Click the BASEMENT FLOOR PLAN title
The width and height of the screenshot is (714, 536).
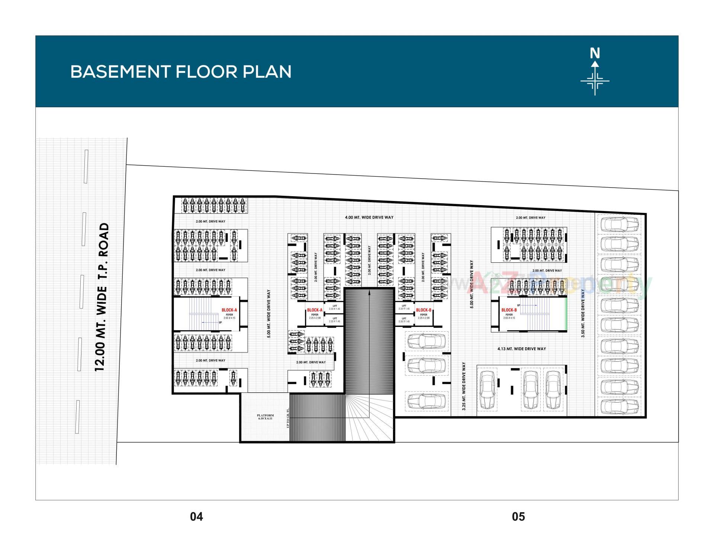[x=181, y=71]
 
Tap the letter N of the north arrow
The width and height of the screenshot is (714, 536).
[x=595, y=54]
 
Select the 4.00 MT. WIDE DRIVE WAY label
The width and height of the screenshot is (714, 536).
[x=369, y=217]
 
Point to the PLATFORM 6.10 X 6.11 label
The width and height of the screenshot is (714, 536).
[x=265, y=417]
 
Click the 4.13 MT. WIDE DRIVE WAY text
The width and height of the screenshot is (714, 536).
[x=521, y=349]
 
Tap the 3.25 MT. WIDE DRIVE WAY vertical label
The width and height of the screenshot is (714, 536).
[x=464, y=386]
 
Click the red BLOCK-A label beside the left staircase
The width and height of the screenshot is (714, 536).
[x=229, y=310]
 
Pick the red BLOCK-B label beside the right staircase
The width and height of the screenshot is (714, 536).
[x=509, y=310]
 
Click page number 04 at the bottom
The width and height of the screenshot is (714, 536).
[x=196, y=517]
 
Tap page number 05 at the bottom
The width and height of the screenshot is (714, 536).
[x=518, y=517]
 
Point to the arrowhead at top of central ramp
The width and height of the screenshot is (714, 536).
[x=369, y=293]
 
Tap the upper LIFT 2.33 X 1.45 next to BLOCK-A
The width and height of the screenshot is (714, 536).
[x=334, y=307]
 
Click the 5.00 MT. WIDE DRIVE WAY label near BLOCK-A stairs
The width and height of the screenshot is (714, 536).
[x=269, y=313]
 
